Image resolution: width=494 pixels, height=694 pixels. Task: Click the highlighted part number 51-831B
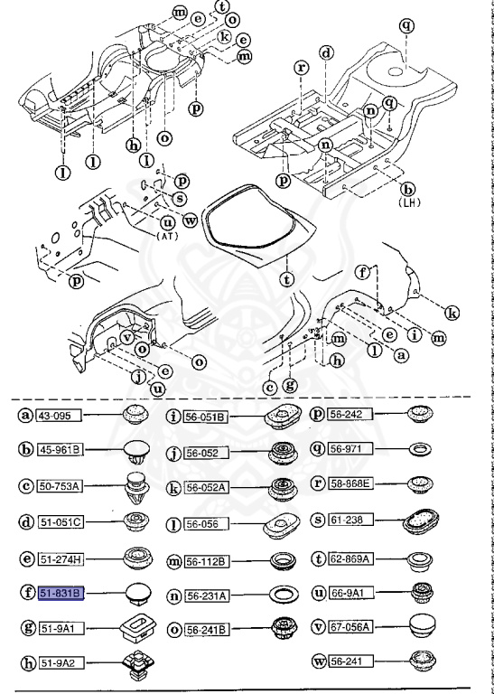click(60, 593)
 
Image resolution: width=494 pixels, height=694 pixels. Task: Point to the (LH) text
click(408, 204)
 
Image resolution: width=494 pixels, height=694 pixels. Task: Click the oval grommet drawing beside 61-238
click(421, 523)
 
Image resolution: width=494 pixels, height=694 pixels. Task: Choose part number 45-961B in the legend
click(61, 449)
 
